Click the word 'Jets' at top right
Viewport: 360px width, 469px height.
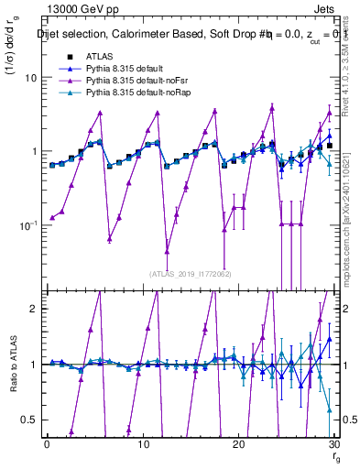(327, 11)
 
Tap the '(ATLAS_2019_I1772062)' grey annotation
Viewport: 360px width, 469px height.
(190, 273)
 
